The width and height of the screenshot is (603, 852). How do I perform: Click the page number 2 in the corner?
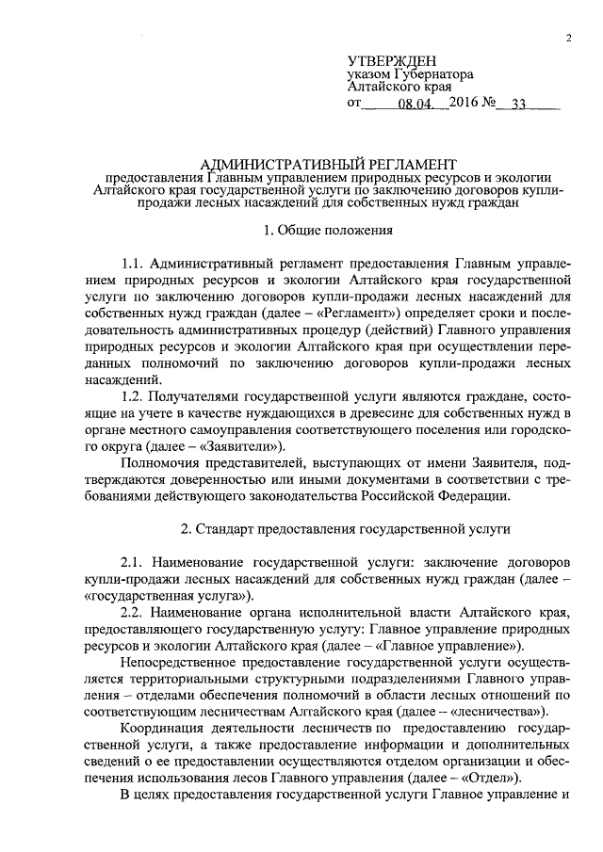tap(569, 38)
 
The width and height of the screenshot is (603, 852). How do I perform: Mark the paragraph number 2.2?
tap(135, 612)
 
